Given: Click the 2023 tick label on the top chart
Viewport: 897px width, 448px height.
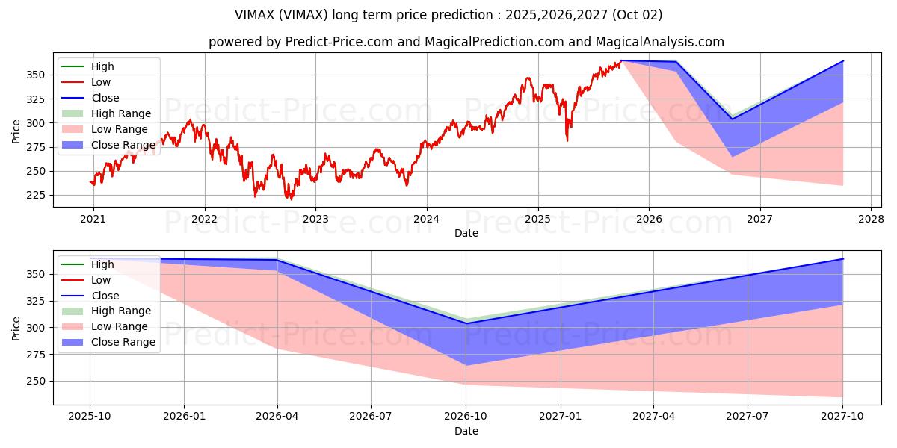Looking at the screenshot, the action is coord(315,220).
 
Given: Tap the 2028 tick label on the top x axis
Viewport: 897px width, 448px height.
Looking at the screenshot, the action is coord(872,220).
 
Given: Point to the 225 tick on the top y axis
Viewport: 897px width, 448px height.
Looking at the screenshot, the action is coord(36,195).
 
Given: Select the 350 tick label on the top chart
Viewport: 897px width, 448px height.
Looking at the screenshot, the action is coord(36,75).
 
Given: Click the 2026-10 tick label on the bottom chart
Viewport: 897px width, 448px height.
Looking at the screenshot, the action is coord(466,417).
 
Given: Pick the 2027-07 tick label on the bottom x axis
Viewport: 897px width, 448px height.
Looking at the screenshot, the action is coord(747,417).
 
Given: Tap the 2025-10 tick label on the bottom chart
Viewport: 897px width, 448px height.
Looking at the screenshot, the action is coord(90,417).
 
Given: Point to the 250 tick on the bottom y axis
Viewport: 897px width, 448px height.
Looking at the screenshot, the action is coord(36,382).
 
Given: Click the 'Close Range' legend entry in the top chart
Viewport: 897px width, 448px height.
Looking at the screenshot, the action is coord(108,145).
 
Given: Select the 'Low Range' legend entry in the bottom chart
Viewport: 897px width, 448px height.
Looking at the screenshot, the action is coord(105,326).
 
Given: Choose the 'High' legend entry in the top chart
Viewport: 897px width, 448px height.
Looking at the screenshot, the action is coord(87,66).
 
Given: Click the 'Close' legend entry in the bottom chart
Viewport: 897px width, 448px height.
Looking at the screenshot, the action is coord(90,296).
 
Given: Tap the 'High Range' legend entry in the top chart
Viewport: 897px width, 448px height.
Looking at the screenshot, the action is coord(106,113).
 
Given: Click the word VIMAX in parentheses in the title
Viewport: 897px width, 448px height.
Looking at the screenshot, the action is coord(303,15).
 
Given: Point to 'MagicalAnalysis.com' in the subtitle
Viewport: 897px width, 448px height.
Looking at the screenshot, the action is coord(659,42).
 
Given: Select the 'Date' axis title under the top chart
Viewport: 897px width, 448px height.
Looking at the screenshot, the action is coord(466,233).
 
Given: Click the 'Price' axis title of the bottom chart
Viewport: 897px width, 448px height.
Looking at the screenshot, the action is coord(16,329).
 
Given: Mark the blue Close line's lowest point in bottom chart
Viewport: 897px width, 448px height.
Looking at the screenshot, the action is coord(466,323).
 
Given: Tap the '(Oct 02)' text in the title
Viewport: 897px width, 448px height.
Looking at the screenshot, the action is coord(637,15).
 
